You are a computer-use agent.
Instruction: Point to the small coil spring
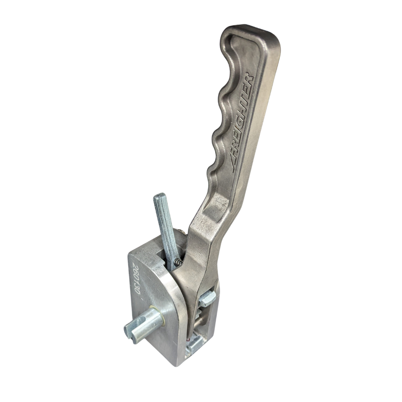(176, 262)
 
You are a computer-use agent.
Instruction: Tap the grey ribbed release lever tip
(160, 198)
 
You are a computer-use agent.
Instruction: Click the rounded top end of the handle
(251, 33)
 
